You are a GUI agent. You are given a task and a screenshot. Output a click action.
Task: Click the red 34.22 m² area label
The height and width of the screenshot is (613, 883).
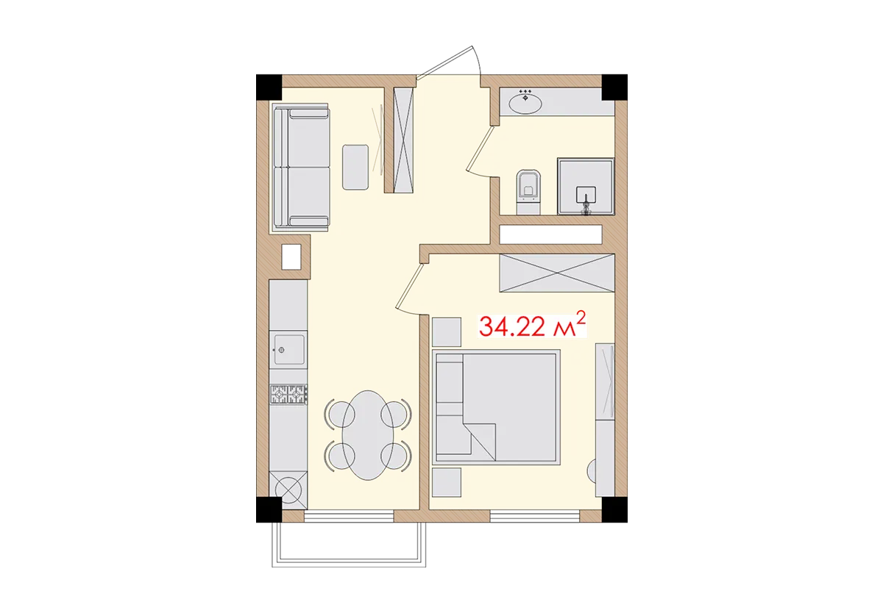532,325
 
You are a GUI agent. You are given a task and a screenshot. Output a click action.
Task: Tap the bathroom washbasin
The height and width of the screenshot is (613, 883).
525,102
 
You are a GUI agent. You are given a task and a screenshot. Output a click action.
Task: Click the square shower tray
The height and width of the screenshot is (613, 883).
585,187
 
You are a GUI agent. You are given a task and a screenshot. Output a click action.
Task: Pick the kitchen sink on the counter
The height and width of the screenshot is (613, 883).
288,348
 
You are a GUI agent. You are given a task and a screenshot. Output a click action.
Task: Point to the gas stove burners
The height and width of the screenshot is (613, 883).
288,395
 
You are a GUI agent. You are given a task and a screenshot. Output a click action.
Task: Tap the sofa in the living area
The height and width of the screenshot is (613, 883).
301,166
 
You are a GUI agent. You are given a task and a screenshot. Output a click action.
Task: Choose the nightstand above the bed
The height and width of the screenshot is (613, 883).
447,331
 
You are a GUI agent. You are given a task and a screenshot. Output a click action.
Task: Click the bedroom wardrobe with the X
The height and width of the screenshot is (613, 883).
556,273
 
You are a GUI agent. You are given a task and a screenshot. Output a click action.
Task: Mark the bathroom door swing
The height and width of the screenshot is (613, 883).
478,151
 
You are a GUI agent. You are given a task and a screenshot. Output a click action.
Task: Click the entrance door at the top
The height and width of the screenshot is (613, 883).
450,59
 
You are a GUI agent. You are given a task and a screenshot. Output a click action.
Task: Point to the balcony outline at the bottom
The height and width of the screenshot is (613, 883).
350,564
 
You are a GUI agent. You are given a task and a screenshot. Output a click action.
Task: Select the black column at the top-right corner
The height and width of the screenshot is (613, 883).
616,85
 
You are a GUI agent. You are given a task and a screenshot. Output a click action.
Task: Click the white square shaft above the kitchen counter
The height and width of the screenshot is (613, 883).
291,257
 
